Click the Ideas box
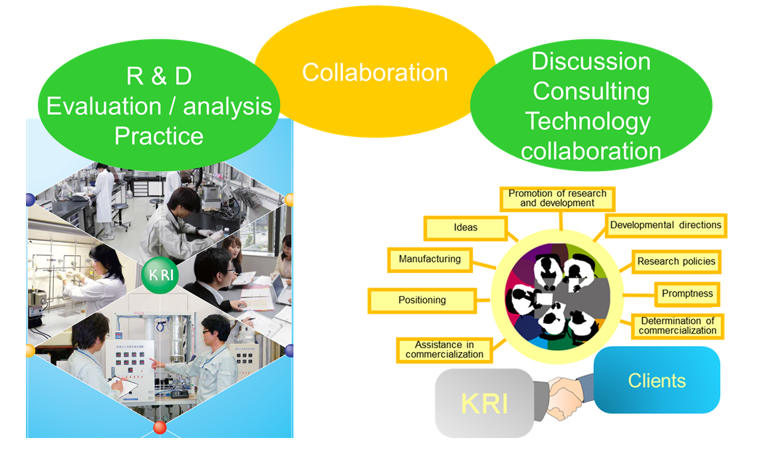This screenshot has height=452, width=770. tap(465, 228)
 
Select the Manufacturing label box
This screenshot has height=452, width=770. tap(430, 260)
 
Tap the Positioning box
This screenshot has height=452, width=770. tap(422, 300)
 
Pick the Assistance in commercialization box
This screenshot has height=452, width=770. tap(444, 349)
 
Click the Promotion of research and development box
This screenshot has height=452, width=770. tap(557, 198)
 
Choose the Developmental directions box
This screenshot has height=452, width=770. tap(666, 226)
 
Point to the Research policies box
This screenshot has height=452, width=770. tap(676, 262)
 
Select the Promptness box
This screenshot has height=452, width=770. tap(688, 294)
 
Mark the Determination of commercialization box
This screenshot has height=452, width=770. tap(677, 326)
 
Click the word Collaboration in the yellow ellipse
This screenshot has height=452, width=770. tap(374, 73)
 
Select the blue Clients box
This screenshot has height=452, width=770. tap(657, 380)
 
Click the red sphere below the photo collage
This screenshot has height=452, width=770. tap(160, 427)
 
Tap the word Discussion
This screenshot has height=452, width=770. tap(591, 62)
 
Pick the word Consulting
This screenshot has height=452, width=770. tap(591, 92)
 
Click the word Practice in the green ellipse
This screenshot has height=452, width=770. tap(159, 136)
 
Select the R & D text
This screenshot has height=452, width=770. tap(159, 77)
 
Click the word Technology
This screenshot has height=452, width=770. tap(588, 122)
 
